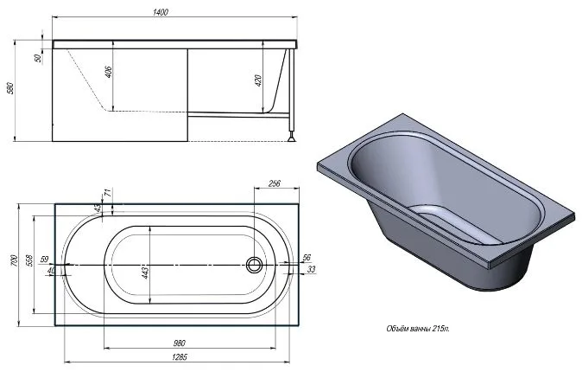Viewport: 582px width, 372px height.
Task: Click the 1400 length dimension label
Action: (x=161, y=12)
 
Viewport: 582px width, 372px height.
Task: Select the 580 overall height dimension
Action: (x=10, y=88)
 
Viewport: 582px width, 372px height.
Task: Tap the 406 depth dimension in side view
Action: (x=109, y=72)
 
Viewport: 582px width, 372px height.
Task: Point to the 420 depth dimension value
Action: (x=259, y=80)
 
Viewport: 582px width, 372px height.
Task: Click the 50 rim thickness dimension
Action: (x=37, y=58)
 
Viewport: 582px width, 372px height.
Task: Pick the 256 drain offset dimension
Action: (x=274, y=183)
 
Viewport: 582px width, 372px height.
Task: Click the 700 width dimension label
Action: (x=14, y=260)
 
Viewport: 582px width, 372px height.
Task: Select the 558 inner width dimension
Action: (x=29, y=260)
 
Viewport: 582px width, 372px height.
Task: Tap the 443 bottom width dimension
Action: (x=145, y=273)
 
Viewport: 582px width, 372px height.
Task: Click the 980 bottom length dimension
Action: (x=179, y=343)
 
